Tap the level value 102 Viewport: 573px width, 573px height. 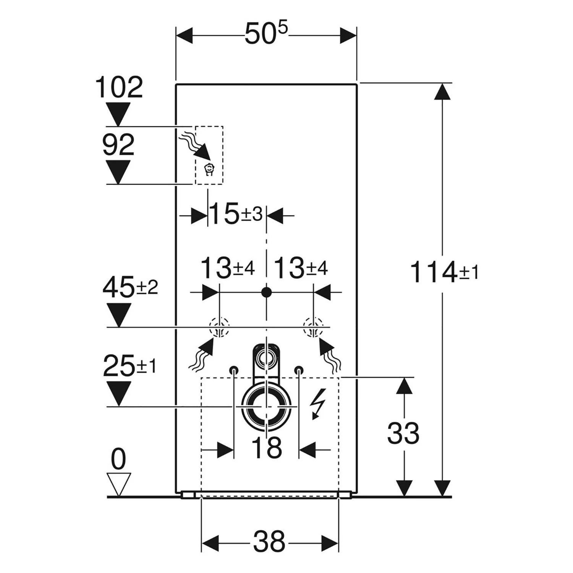click(119, 87)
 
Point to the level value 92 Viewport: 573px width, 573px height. click(118, 145)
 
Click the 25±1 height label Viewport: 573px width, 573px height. click(129, 366)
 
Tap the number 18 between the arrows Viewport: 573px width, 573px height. click(267, 448)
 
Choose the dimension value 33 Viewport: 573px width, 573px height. click(403, 434)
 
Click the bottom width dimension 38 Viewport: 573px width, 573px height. click(269, 541)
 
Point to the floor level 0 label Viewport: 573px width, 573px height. click(118, 460)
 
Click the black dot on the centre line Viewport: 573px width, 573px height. click(266, 293)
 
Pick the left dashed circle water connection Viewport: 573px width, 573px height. click(219, 327)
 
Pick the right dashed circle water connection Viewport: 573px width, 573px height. click(313, 327)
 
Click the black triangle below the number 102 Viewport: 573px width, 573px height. click(118, 114)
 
